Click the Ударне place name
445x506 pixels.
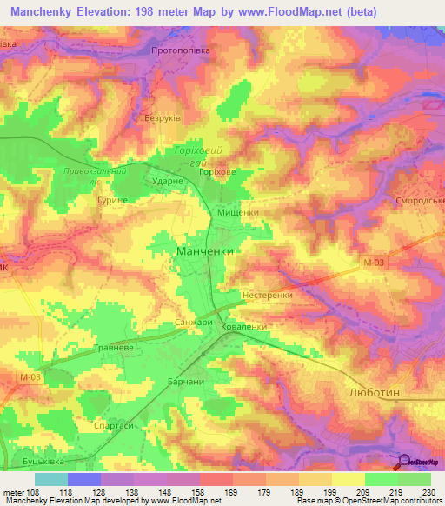click(x=166, y=180)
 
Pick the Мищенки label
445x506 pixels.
click(x=237, y=211)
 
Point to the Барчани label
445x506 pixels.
click(x=185, y=382)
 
